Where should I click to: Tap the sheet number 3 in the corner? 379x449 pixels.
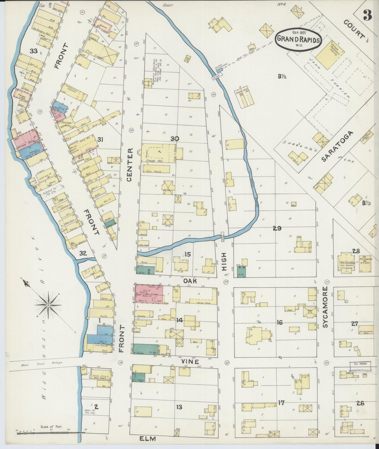pyautogui.click(x=367, y=16)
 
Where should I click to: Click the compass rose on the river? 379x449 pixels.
pyautogui.click(x=49, y=305)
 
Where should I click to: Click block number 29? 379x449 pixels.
pyautogui.click(x=277, y=228)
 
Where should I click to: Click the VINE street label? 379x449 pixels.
pyautogui.click(x=187, y=361)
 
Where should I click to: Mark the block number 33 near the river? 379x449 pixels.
pyautogui.click(x=34, y=51)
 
